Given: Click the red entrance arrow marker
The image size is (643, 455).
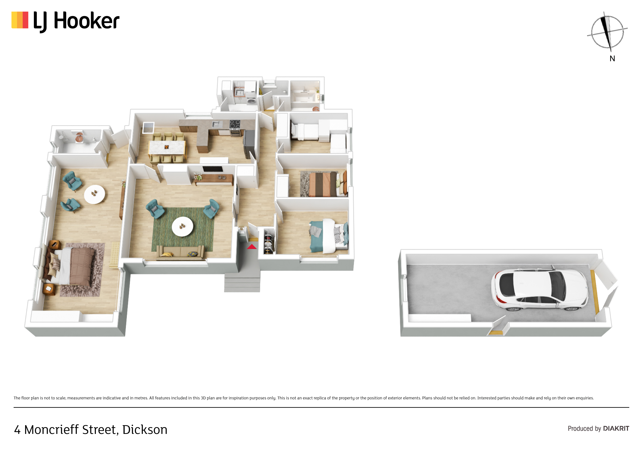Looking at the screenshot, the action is (x=252, y=247).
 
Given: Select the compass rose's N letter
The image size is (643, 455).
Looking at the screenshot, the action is (x=612, y=59).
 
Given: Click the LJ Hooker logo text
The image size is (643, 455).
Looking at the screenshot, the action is (x=76, y=21).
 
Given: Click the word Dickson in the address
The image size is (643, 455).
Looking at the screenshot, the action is (x=145, y=429).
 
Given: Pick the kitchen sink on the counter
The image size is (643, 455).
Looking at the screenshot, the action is (x=217, y=124).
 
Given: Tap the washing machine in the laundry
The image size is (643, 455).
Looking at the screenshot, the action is (x=251, y=100).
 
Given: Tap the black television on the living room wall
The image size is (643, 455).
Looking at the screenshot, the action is (x=213, y=169).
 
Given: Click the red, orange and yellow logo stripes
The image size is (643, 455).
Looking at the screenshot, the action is (x=20, y=20).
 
